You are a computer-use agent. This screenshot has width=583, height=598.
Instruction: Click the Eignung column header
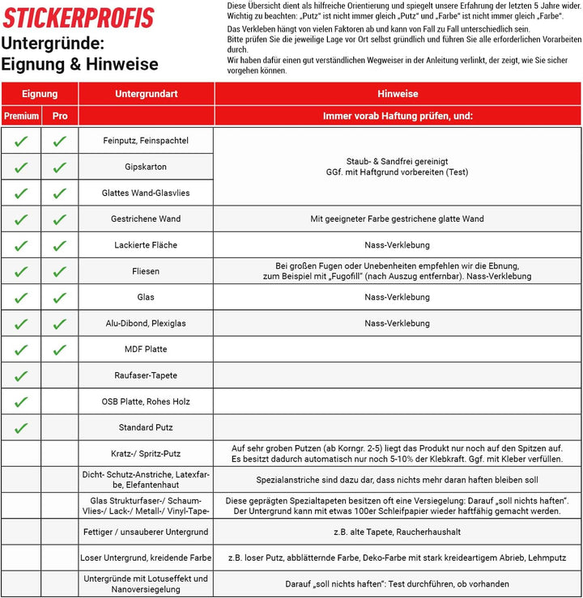[40, 94]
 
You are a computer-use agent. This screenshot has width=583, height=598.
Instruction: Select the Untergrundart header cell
[146, 94]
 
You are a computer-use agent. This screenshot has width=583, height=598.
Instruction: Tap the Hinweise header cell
[398, 94]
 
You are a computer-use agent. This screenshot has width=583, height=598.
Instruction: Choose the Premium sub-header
[21, 116]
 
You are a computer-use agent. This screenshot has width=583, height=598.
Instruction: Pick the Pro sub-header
[60, 116]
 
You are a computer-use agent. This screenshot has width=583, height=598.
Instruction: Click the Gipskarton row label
[146, 167]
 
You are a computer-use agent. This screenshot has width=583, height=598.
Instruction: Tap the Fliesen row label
[146, 271]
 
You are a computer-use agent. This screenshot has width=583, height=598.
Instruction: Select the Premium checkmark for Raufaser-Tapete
[21, 375]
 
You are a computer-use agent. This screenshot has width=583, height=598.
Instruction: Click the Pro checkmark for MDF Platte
[60, 350]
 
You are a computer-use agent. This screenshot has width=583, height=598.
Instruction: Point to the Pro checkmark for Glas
[60, 297]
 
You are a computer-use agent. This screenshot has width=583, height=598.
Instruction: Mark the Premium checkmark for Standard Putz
[21, 428]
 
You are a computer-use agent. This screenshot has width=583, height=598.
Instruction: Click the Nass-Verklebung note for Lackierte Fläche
[398, 244]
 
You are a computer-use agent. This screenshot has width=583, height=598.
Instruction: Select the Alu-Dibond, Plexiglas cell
[146, 324]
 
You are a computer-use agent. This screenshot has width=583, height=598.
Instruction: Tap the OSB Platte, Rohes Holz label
[146, 401]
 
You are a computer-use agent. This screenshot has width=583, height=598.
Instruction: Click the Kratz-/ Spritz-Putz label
[146, 453]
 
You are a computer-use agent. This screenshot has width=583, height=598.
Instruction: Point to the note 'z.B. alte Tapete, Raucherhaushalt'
[398, 532]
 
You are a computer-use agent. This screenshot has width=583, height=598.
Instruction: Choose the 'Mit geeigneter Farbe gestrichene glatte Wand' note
[398, 218]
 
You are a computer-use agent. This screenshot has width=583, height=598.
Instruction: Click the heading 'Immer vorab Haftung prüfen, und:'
[398, 116]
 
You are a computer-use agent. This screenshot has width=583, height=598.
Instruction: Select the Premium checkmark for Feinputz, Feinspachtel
[21, 141]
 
